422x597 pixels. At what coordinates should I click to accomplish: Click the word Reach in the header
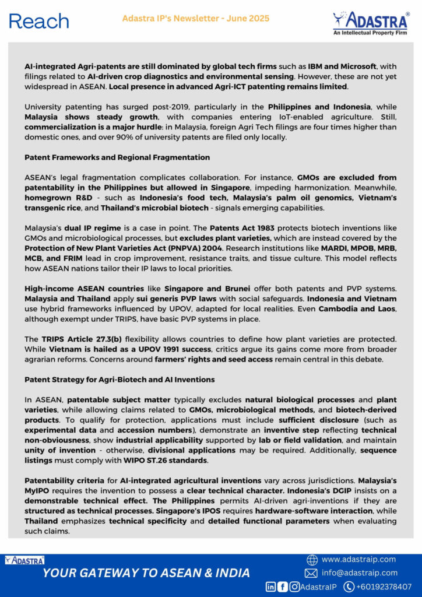click(39, 21)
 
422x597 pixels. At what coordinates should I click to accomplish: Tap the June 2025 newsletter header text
click(196, 19)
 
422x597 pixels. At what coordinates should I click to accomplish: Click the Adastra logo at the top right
click(370, 23)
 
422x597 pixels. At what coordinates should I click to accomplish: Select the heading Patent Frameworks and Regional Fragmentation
click(117, 157)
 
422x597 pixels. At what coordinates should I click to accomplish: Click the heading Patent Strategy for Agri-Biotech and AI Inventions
click(119, 380)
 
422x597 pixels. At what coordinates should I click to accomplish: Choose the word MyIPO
click(37, 491)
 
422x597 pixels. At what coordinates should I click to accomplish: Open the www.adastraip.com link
click(358, 559)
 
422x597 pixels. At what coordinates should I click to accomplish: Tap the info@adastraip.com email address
click(360, 573)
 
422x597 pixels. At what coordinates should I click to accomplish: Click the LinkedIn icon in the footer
click(271, 587)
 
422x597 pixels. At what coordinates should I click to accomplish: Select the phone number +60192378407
click(385, 587)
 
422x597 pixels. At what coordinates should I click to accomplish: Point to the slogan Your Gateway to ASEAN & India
click(146, 573)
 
